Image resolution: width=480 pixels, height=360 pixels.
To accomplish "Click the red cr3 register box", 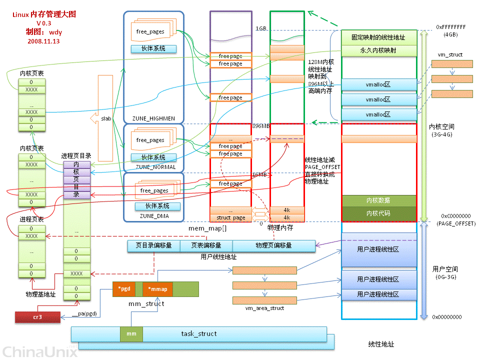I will [x=37, y=316].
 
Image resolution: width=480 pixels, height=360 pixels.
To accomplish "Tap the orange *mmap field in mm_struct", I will [x=157, y=289].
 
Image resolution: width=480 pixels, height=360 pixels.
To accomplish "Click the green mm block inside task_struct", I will [x=131, y=333].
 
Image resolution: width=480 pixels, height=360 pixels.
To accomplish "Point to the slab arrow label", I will [x=106, y=119].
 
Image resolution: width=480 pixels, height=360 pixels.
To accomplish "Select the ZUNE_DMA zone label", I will [x=154, y=216].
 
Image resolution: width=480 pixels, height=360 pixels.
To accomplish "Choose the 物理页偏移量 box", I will [x=273, y=245].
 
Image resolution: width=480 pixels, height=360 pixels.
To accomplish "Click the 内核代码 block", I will [x=378, y=213].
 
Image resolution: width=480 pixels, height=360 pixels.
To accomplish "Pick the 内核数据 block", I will [x=378, y=200].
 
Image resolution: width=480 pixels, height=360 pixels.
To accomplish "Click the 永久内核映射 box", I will [x=378, y=50].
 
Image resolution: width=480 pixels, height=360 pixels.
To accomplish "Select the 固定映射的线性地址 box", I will [x=378, y=37].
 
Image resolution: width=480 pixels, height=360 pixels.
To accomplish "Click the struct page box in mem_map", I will [x=230, y=218].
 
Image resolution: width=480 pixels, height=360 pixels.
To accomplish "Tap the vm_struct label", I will [x=450, y=54].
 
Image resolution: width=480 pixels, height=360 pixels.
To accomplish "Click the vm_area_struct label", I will [x=264, y=308].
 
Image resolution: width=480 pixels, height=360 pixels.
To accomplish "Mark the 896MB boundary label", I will [x=261, y=126].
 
